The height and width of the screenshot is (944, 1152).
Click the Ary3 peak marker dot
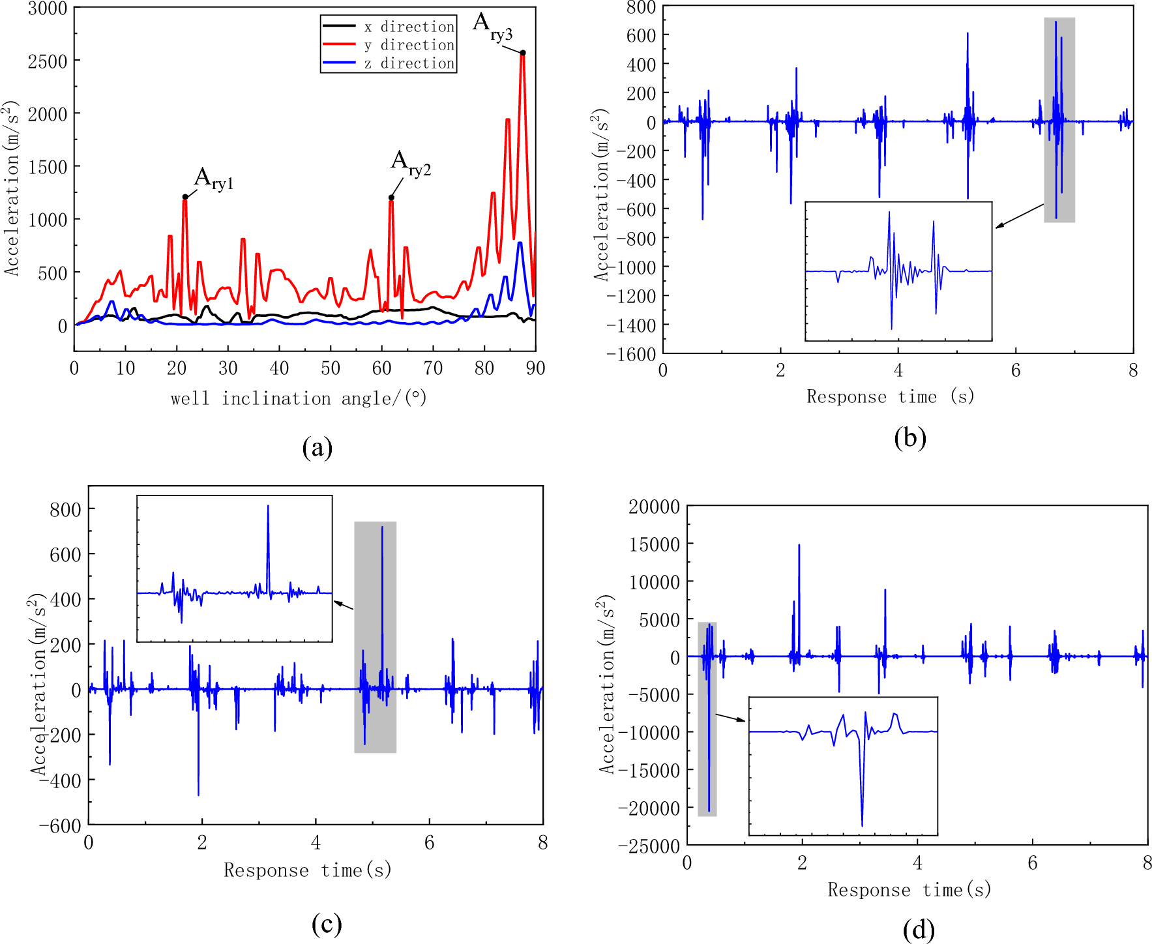(523, 53)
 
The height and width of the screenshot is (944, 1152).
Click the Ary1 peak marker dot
(185, 196)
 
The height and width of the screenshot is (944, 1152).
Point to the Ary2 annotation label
(410, 164)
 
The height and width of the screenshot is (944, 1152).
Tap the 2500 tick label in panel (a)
(48, 61)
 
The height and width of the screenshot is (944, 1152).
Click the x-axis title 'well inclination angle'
(299, 398)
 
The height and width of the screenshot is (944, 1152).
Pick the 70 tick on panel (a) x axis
(433, 368)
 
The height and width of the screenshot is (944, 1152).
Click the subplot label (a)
(318, 448)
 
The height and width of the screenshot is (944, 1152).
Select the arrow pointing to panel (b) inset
(1019, 216)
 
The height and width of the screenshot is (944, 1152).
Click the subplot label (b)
(910, 438)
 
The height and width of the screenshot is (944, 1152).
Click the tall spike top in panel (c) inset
(268, 507)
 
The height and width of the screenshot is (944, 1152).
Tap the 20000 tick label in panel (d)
(654, 507)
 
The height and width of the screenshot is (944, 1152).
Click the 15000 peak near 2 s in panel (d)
(799, 546)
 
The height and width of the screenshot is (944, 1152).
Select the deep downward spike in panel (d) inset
(862, 824)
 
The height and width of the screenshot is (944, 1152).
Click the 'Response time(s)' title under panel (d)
(909, 890)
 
